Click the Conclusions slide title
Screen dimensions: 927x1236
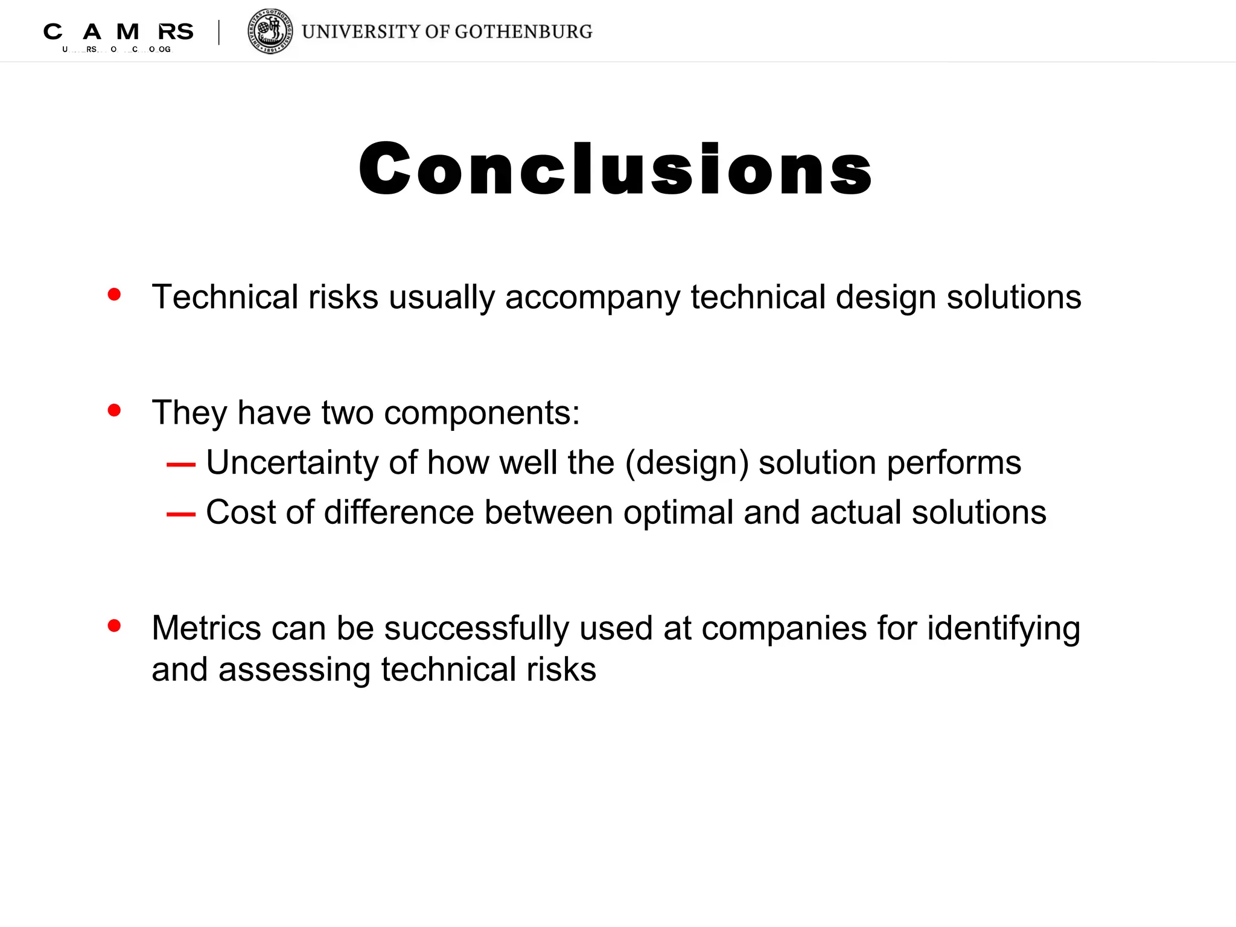[x=616, y=169]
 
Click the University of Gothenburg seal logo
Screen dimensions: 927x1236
[x=270, y=31]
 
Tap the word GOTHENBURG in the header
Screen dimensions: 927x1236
[x=523, y=31]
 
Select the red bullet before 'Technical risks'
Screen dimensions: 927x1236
[x=114, y=294]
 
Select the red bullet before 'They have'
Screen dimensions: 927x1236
[x=114, y=410]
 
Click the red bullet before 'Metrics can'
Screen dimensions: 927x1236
[x=114, y=625]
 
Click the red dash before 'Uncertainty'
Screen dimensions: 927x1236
[x=181, y=465]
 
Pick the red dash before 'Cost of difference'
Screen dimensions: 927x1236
[x=181, y=514]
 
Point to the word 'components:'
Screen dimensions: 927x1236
[x=482, y=413]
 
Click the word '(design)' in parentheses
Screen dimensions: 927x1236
[x=687, y=463]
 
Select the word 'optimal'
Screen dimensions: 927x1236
[x=678, y=513]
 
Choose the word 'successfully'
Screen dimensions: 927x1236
[x=477, y=629]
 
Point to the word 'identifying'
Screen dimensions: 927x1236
[x=1003, y=629]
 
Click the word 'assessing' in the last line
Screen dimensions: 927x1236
[x=295, y=670]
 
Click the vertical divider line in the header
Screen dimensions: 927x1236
[x=219, y=33]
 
